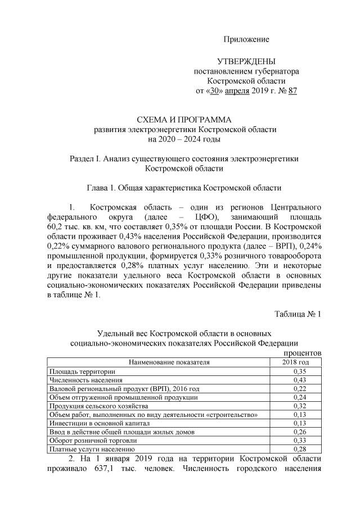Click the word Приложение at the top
point(246,39)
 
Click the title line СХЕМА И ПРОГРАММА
point(184,120)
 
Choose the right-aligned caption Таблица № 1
point(298,313)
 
